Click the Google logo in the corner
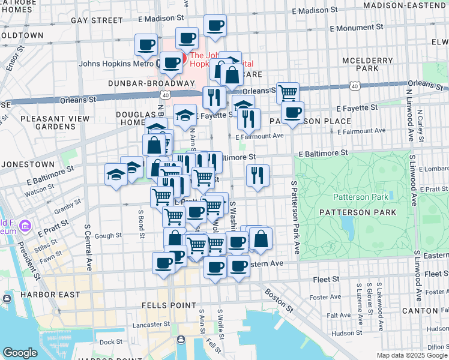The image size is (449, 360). pyautogui.click(x=20, y=353)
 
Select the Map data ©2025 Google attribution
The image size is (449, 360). pyautogui.click(x=412, y=355)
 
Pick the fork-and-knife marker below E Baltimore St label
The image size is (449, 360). pyautogui.click(x=258, y=175)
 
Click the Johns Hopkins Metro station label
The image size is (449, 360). pyautogui.click(x=116, y=63)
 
